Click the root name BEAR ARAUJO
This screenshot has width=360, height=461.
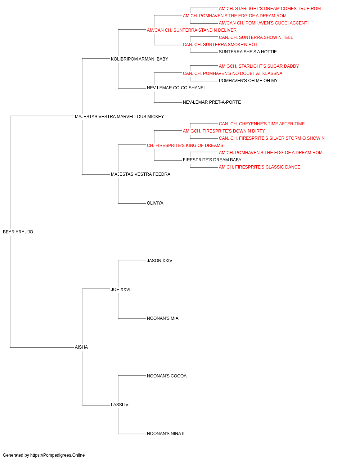point(18,232)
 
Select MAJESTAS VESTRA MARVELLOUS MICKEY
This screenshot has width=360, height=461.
point(120,117)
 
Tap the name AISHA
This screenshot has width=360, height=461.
point(81,347)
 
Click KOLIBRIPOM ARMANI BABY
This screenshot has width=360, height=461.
point(140,59)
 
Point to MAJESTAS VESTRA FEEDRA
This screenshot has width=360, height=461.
point(140,174)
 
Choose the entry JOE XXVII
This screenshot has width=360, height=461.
point(121,289)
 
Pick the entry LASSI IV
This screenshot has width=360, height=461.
point(120,404)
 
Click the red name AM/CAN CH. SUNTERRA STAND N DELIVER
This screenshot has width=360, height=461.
point(192,30)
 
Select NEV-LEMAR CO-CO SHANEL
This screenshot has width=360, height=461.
point(176,88)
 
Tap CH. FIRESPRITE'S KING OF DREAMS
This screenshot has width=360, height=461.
point(185,145)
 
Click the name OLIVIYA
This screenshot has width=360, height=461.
point(155,203)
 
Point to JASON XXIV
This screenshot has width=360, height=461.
point(159,260)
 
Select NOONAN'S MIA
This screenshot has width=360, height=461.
point(163,318)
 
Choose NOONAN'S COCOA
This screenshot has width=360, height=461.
point(167,376)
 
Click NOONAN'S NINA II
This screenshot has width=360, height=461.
point(166,433)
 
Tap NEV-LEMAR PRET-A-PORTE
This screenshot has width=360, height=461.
point(212,102)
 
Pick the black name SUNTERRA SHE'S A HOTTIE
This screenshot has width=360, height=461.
point(248,52)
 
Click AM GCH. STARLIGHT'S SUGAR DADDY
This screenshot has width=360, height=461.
point(259,66)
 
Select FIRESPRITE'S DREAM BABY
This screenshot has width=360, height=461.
point(212,160)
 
